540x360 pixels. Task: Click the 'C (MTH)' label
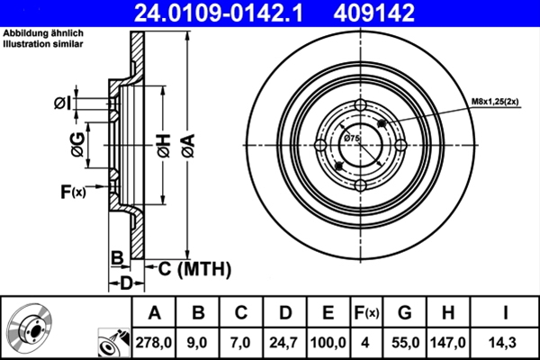coord(195,268)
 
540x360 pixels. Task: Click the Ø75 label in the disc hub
coord(352,138)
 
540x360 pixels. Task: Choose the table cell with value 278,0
coord(153,342)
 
